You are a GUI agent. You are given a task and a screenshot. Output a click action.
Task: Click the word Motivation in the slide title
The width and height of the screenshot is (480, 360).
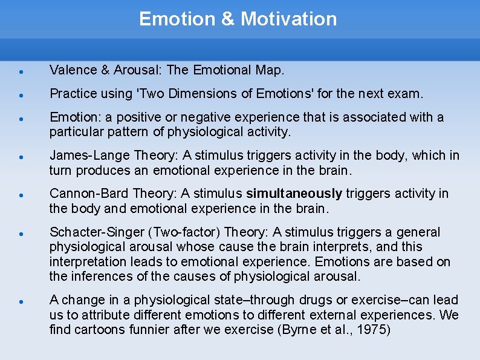[x=288, y=19]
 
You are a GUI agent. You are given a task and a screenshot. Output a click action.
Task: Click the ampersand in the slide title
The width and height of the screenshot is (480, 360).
[x=227, y=19]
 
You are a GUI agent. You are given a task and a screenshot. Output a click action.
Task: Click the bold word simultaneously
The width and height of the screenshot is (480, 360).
[x=294, y=194]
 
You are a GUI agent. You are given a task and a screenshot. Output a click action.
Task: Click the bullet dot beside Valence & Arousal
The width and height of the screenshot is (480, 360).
[x=21, y=71]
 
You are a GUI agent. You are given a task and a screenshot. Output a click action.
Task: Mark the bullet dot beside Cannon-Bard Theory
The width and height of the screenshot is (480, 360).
[x=21, y=195]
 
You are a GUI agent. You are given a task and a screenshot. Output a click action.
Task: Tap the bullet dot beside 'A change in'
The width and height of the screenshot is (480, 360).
[x=21, y=301]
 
